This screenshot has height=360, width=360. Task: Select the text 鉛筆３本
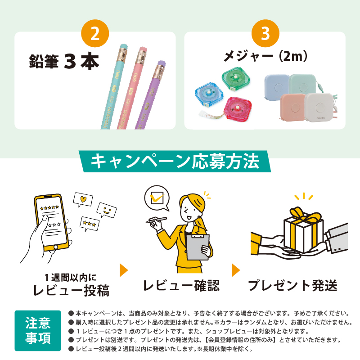point(63,63)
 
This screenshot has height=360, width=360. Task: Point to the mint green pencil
point(111,90)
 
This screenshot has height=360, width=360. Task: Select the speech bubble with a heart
point(82,199)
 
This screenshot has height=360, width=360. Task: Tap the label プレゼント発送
point(293,285)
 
